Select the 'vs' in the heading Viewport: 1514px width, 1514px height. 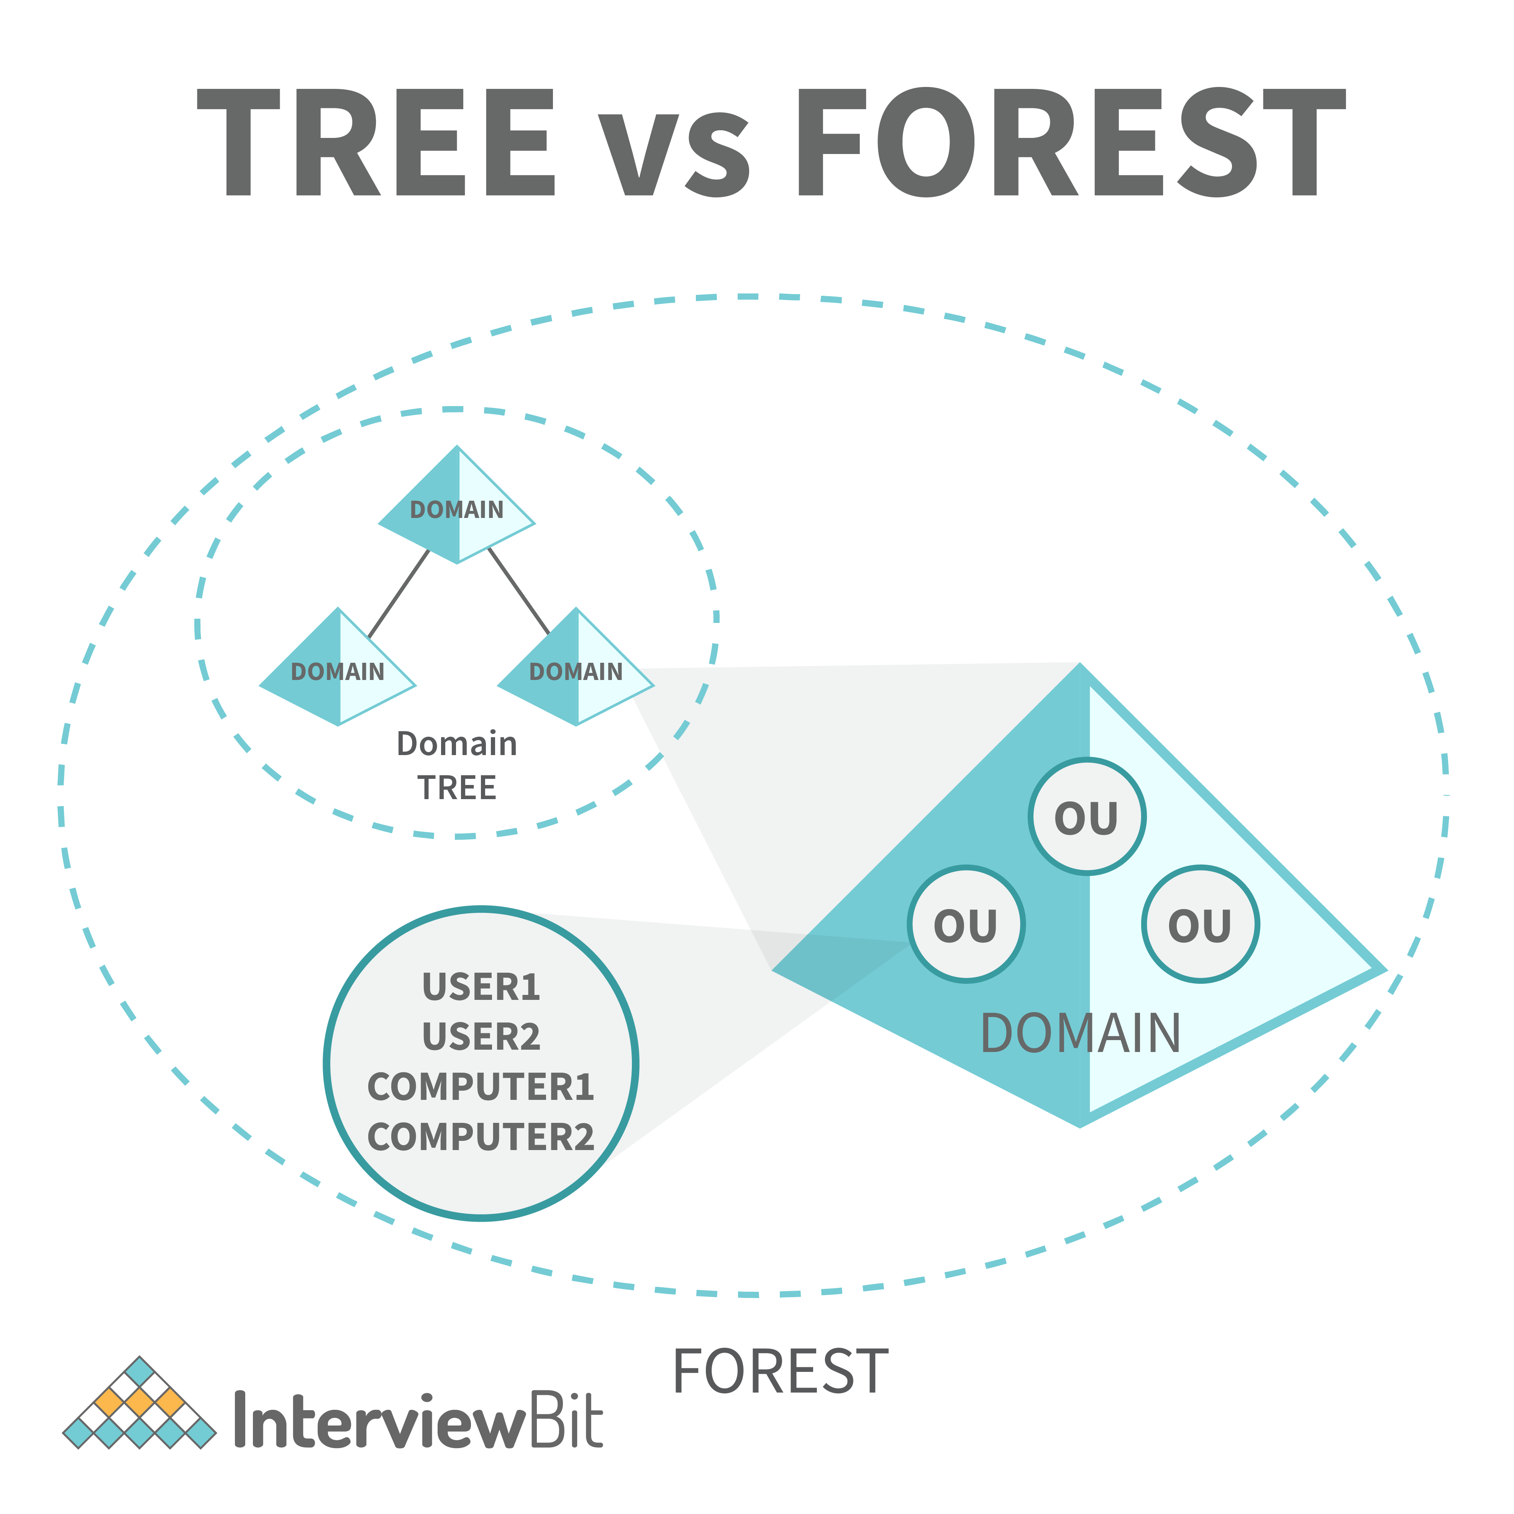[x=674, y=154]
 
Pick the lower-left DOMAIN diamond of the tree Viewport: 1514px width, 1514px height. [x=338, y=667]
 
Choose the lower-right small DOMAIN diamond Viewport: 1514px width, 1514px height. [x=576, y=667]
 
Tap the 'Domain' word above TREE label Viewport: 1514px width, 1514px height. [x=457, y=744]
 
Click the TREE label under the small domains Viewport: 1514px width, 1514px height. [x=457, y=788]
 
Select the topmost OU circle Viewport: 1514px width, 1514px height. [x=1087, y=816]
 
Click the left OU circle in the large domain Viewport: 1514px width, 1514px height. [x=966, y=924]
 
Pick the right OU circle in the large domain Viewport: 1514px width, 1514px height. [x=1201, y=924]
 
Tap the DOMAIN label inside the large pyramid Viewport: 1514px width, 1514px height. [x=1081, y=1033]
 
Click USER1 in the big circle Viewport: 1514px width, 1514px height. [x=481, y=986]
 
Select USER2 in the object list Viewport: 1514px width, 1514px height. [x=481, y=1037]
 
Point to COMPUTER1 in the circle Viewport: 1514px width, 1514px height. [x=481, y=1087]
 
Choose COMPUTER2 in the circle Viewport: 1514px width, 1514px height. [x=481, y=1137]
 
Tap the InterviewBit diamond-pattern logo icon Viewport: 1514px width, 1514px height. [x=139, y=1403]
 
